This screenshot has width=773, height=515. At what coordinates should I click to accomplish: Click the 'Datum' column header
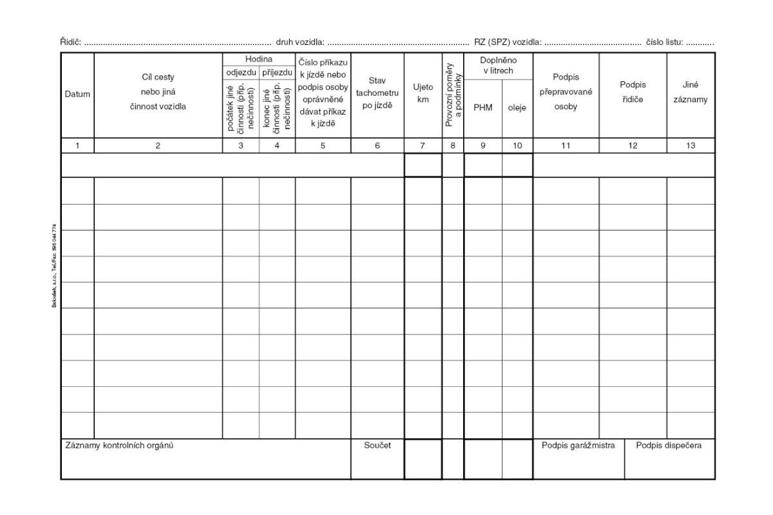click(x=77, y=95)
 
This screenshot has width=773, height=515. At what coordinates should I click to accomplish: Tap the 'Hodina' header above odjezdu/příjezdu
click(x=258, y=59)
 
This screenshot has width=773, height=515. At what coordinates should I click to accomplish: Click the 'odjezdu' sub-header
click(x=241, y=71)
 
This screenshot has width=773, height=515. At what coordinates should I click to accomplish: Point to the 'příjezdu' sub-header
click(x=277, y=71)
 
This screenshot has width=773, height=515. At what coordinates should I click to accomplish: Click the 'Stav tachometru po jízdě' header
click(x=377, y=93)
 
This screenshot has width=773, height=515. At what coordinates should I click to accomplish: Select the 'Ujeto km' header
click(x=423, y=93)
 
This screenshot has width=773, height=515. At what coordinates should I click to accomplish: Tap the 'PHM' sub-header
click(x=482, y=108)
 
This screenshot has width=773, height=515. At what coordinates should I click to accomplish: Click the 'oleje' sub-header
click(x=517, y=108)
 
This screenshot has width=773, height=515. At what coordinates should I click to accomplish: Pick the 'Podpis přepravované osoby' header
click(x=566, y=92)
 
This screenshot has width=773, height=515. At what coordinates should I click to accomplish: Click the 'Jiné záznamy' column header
click(x=691, y=92)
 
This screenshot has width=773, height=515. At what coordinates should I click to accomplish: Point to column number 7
click(x=423, y=146)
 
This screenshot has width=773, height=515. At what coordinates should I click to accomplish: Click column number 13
click(x=691, y=146)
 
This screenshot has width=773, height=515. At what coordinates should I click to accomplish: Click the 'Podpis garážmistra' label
click(x=578, y=445)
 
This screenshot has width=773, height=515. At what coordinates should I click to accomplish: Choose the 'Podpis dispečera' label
click(x=669, y=445)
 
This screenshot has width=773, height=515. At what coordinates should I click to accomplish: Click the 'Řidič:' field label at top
click(x=70, y=42)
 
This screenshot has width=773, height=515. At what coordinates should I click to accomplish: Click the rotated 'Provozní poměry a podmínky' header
click(x=453, y=95)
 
